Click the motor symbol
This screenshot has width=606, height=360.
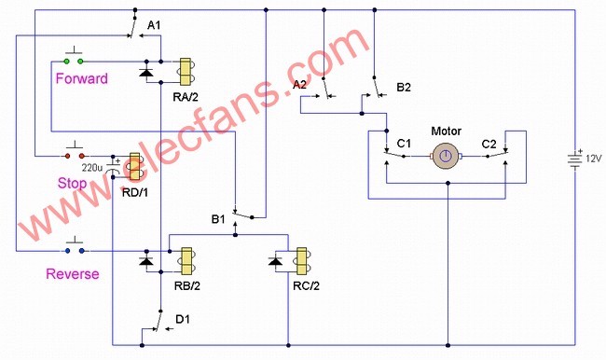coord(446,157)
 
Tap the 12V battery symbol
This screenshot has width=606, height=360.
coord(574,159)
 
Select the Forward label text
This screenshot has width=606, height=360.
coord(81,78)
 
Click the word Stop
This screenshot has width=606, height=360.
coord(72,183)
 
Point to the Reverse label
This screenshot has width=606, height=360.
coord(73,274)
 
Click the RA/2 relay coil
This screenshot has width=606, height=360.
coord(186,72)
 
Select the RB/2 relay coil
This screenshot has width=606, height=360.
coord(186,261)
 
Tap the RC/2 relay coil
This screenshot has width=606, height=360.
coord(302,261)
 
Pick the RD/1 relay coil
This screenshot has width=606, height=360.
coord(135,167)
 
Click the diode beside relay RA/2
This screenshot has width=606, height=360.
coord(146,72)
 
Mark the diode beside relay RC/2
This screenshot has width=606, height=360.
coord(275,261)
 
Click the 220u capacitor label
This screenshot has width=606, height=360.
coord(92,168)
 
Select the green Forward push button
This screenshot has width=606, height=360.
coord(74,57)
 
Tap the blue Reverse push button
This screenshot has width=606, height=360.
coord(75,246)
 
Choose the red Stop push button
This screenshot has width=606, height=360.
coord(75,151)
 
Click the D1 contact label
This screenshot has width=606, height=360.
coord(183,319)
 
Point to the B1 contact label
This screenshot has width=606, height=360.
coord(218,219)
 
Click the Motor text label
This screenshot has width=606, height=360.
coord(446,132)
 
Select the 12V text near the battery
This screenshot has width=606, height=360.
coord(594,159)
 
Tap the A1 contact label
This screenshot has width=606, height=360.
coord(154,25)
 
